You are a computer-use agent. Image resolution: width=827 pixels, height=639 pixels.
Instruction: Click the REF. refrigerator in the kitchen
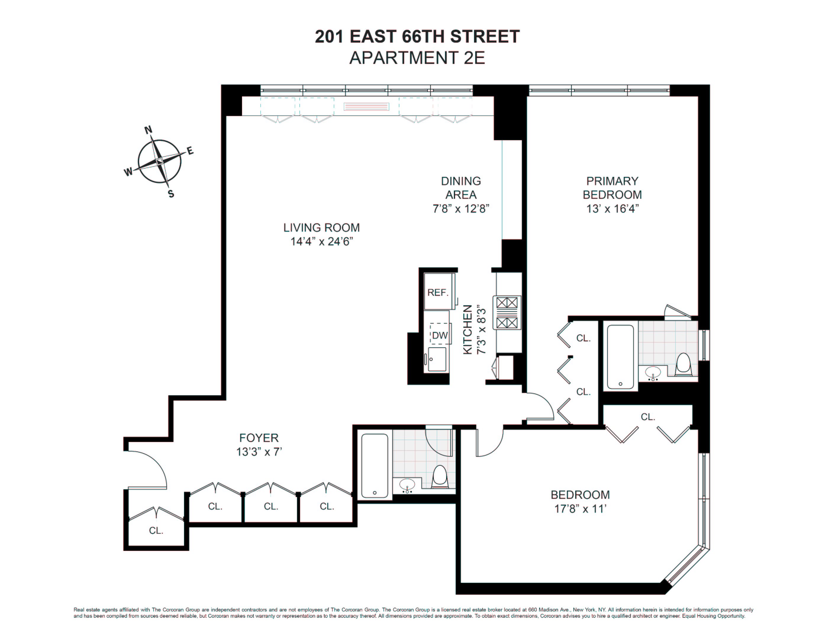(x=439, y=292)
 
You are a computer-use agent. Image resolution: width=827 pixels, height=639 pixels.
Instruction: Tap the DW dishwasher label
(x=440, y=335)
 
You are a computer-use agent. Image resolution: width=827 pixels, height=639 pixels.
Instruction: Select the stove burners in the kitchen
(x=507, y=313)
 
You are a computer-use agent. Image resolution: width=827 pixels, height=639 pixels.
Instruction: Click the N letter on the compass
(x=149, y=130)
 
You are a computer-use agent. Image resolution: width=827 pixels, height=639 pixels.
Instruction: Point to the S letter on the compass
(x=171, y=194)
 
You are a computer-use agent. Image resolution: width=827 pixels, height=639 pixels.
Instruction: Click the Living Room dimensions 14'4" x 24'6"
(x=322, y=241)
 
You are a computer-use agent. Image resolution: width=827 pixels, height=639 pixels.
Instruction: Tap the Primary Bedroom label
(x=612, y=188)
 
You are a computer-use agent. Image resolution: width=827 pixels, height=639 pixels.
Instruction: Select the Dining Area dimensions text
(x=461, y=209)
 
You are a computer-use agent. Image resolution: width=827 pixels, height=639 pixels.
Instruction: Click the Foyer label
(x=259, y=438)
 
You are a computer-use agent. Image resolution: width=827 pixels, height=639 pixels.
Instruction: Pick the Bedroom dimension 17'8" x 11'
(x=580, y=509)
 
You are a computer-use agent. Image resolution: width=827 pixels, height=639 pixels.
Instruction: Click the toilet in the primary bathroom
(x=683, y=364)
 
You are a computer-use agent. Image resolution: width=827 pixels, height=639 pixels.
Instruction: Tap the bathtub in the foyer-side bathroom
(x=375, y=466)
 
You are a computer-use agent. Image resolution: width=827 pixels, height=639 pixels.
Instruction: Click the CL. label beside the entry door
(x=156, y=531)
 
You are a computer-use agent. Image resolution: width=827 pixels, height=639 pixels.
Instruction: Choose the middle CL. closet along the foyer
(x=271, y=506)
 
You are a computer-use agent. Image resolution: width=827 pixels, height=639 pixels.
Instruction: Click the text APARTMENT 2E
(x=417, y=58)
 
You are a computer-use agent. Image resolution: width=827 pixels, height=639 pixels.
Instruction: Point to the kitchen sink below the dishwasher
(x=437, y=359)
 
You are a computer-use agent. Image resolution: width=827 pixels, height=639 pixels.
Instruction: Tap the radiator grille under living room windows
(x=366, y=106)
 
